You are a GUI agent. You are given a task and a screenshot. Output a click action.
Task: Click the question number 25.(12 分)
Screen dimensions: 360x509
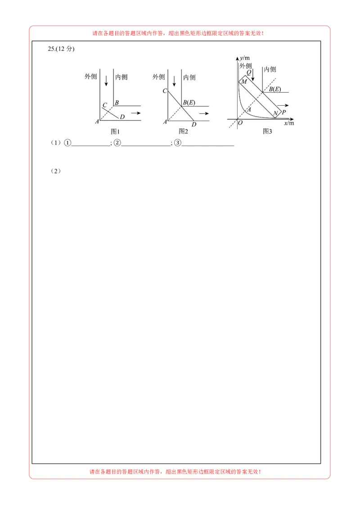(x=61, y=49)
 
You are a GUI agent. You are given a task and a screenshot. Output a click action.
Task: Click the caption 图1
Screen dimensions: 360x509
(x=115, y=131)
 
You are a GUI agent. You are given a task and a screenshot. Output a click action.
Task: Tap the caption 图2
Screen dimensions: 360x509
(x=183, y=131)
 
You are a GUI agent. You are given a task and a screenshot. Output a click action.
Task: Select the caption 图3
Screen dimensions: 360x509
(x=267, y=131)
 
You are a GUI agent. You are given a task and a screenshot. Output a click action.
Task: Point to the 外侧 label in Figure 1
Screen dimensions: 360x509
(x=90, y=76)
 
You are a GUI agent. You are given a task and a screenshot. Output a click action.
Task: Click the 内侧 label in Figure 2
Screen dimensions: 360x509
(x=189, y=77)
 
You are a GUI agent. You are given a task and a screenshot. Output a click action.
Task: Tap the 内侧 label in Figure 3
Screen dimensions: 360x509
(x=270, y=69)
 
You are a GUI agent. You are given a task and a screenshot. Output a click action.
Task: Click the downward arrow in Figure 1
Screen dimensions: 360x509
(x=106, y=80)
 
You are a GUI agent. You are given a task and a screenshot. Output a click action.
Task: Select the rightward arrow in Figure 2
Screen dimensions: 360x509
(x=204, y=113)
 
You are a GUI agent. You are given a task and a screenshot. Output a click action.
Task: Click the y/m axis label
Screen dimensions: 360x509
(x=245, y=58)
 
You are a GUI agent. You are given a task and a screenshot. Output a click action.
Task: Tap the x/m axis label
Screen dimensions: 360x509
(x=289, y=123)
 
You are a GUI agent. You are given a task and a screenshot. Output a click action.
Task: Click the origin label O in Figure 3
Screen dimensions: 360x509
(x=240, y=123)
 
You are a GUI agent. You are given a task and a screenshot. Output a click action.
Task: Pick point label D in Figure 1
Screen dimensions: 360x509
(x=122, y=117)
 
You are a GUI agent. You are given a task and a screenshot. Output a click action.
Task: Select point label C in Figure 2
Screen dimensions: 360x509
(x=165, y=91)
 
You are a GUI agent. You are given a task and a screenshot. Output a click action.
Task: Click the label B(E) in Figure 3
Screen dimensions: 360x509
(x=275, y=89)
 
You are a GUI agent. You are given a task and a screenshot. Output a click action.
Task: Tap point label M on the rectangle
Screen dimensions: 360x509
(x=244, y=82)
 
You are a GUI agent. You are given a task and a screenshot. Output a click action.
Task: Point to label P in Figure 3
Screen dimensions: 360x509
(x=283, y=112)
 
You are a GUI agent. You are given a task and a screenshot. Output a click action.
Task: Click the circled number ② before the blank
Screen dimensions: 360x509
(x=117, y=143)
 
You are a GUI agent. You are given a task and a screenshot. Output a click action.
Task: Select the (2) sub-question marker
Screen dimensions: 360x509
(x=55, y=171)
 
